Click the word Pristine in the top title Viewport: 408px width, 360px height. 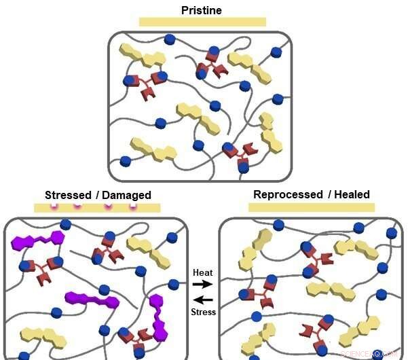pos(202,10)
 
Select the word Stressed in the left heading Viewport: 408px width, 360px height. pos(67,195)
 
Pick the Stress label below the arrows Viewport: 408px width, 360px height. pos(204,312)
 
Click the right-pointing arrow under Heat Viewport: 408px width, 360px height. pos(203,285)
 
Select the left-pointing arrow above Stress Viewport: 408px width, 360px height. pos(203,300)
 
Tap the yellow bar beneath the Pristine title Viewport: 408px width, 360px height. pos(202,22)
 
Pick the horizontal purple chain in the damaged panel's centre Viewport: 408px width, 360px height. pos(92,300)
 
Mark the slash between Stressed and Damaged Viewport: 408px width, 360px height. pos(96,195)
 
